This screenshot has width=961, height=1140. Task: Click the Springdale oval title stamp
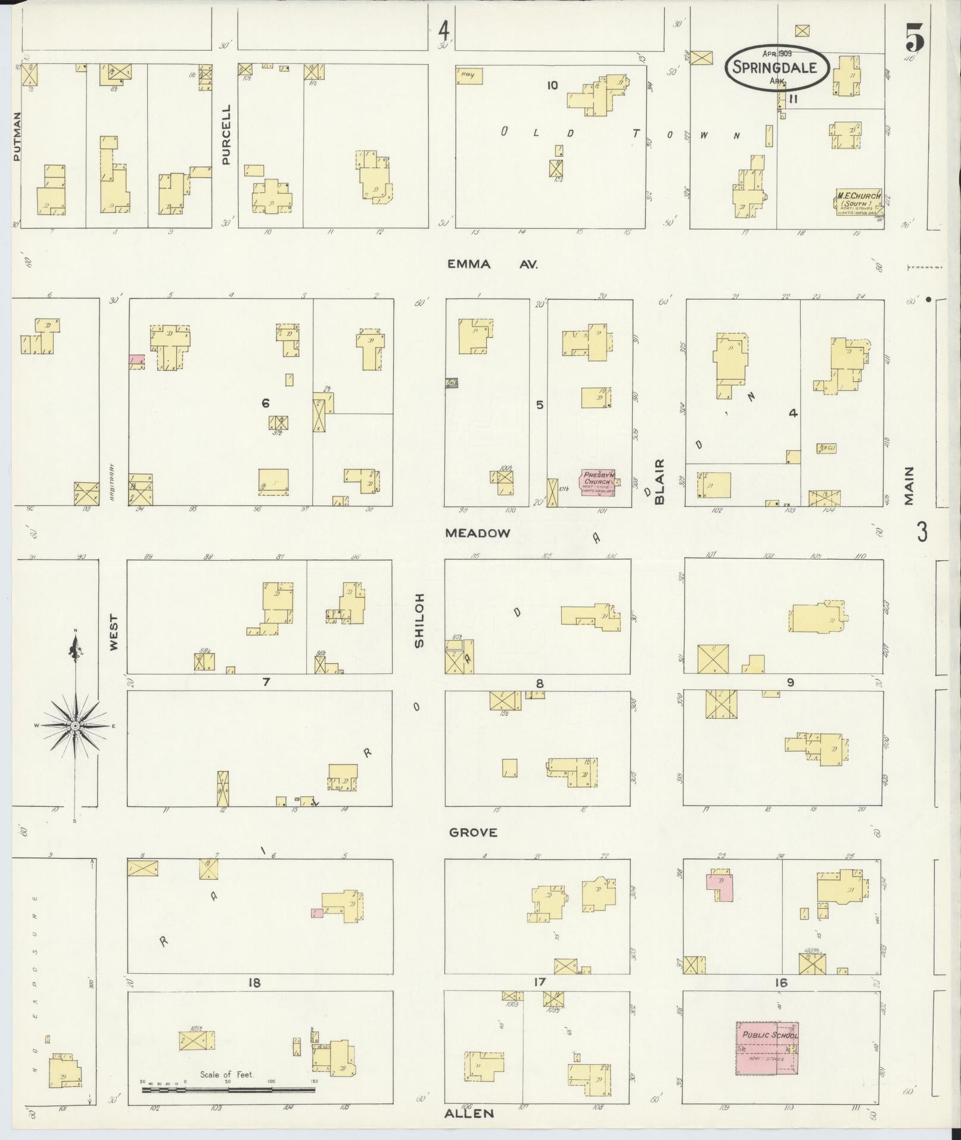pos(776,67)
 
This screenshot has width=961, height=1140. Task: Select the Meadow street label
pos(478,533)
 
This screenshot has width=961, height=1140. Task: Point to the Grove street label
pos(473,833)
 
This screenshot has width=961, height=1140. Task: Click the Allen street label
pos(469,1113)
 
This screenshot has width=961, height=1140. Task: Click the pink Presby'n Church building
pos(597,480)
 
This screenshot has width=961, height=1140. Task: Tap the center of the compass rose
pos(75,725)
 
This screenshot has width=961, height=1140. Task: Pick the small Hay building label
pos(469,76)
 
